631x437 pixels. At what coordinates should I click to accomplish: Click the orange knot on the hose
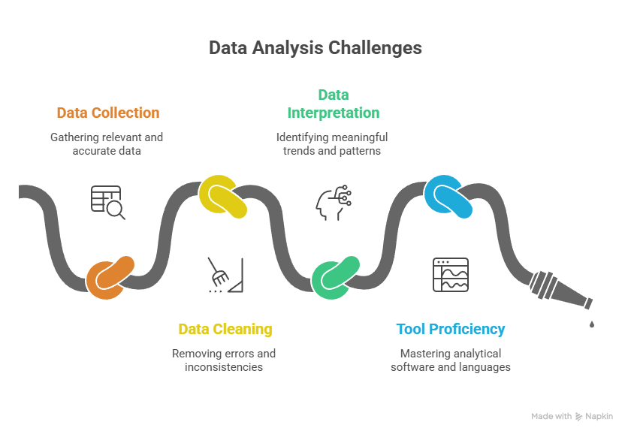(110, 278)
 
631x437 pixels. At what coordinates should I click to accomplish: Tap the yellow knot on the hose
(222, 197)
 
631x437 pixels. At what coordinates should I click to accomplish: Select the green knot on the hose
(335, 278)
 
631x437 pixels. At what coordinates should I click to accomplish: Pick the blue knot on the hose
(448, 197)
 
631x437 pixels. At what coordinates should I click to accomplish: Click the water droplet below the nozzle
(592, 324)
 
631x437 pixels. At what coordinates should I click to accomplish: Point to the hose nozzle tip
(589, 303)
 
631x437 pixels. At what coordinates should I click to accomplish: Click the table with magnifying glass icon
(107, 202)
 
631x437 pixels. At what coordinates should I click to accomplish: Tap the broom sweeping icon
(226, 276)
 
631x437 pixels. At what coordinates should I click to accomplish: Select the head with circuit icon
(334, 203)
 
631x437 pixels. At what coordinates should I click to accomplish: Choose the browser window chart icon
(451, 275)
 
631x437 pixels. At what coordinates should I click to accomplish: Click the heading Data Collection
(108, 113)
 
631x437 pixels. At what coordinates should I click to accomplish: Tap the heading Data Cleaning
(225, 329)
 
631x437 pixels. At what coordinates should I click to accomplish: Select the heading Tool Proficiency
(451, 329)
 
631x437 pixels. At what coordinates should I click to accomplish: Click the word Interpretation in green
(334, 113)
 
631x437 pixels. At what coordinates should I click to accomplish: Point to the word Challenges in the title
(375, 48)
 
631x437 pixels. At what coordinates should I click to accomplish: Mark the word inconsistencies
(224, 367)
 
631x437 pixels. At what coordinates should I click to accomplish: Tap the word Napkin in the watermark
(599, 417)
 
